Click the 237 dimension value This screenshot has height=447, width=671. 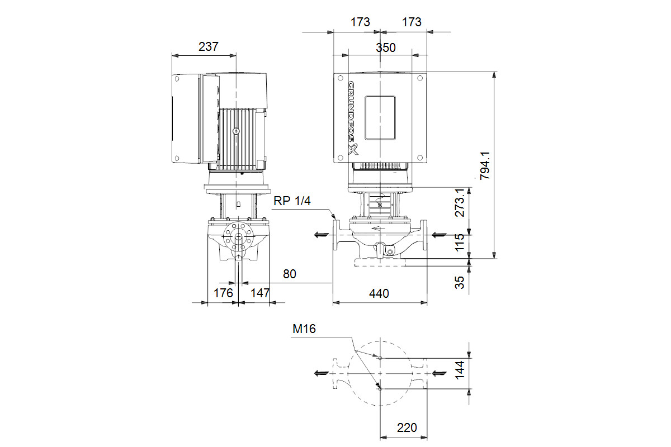(x=209, y=47)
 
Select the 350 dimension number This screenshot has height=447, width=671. (x=386, y=48)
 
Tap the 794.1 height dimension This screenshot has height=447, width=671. (x=485, y=165)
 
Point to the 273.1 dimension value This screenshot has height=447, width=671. (x=460, y=203)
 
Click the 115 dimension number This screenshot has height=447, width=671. (x=460, y=242)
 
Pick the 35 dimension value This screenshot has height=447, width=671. (x=460, y=282)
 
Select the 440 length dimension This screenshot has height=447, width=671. (x=379, y=294)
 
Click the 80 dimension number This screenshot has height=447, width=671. (x=290, y=274)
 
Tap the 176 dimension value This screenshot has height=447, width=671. (x=223, y=293)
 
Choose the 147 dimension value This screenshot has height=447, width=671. (x=260, y=293)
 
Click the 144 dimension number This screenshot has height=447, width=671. (x=460, y=370)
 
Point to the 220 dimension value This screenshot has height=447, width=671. (x=407, y=428)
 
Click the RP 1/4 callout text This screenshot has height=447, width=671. (x=292, y=201)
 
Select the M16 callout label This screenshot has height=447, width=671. (x=304, y=329)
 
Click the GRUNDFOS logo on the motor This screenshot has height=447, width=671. (x=353, y=118)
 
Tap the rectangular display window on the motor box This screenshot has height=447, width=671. (x=380, y=118)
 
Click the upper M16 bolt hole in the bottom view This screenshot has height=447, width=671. (x=380, y=358)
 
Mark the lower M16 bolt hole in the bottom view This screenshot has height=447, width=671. (x=380, y=389)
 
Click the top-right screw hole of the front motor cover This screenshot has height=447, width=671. (x=420, y=78)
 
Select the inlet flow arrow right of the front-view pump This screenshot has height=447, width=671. (x=439, y=235)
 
